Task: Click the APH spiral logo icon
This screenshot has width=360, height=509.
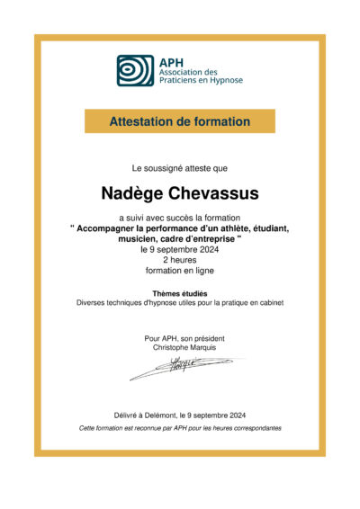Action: [x=135, y=70]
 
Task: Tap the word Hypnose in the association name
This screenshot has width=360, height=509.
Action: [x=223, y=80]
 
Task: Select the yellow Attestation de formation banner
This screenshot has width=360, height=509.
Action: [x=179, y=121]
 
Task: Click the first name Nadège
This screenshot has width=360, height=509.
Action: [x=137, y=193]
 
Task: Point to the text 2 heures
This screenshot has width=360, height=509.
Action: [x=179, y=260]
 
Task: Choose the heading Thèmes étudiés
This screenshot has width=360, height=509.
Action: [x=179, y=293]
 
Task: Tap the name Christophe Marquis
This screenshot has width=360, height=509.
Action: [x=179, y=346]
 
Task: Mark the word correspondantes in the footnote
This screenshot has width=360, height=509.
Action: [x=255, y=428]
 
